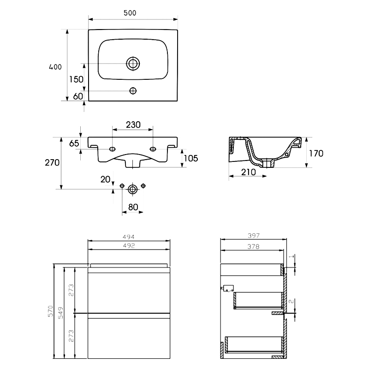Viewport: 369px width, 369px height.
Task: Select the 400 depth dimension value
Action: click(55, 67)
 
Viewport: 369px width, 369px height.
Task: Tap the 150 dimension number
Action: click(76, 79)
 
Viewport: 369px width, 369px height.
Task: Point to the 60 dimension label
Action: click(77, 96)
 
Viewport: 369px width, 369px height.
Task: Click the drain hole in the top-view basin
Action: click(133, 63)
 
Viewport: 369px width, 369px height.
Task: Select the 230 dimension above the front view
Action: click(133, 125)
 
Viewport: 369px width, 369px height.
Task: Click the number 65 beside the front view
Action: click(74, 143)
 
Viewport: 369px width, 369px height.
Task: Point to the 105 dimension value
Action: click(190, 158)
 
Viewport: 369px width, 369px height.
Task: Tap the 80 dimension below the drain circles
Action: click(133, 207)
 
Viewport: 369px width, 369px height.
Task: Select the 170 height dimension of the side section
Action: click(316, 153)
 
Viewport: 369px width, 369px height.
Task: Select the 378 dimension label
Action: click(253, 247)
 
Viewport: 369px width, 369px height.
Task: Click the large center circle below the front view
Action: click(133, 188)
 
